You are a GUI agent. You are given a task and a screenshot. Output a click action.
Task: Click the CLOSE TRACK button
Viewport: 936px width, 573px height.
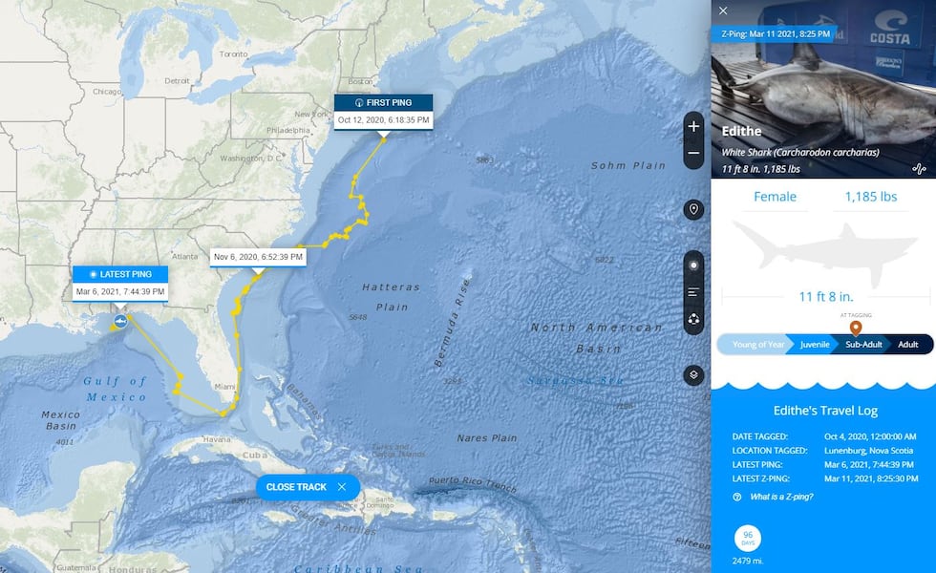[x=307, y=487]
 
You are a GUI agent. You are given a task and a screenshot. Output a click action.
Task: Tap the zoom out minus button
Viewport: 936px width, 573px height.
[x=693, y=154]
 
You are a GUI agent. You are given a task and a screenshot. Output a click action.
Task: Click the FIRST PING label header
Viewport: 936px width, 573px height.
[x=383, y=102]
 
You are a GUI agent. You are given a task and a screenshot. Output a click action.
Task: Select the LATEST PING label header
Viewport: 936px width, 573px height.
[x=120, y=274]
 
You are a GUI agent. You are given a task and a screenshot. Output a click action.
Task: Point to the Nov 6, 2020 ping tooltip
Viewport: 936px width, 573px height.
[x=258, y=256]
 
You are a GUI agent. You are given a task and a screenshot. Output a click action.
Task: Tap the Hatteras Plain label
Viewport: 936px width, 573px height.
[x=385, y=297]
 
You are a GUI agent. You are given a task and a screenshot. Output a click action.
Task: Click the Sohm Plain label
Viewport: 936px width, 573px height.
[x=628, y=165]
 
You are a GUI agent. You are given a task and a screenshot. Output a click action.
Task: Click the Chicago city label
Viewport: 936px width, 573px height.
[x=106, y=91]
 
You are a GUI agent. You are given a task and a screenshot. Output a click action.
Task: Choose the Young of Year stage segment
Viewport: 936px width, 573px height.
[x=757, y=345]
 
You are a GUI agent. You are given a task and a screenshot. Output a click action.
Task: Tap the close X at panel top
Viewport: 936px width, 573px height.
[x=723, y=11]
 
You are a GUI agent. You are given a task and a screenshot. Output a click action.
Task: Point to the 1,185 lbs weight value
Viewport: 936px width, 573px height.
[x=870, y=197]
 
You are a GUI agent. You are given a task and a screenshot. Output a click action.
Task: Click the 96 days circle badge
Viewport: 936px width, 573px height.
[x=748, y=537]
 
